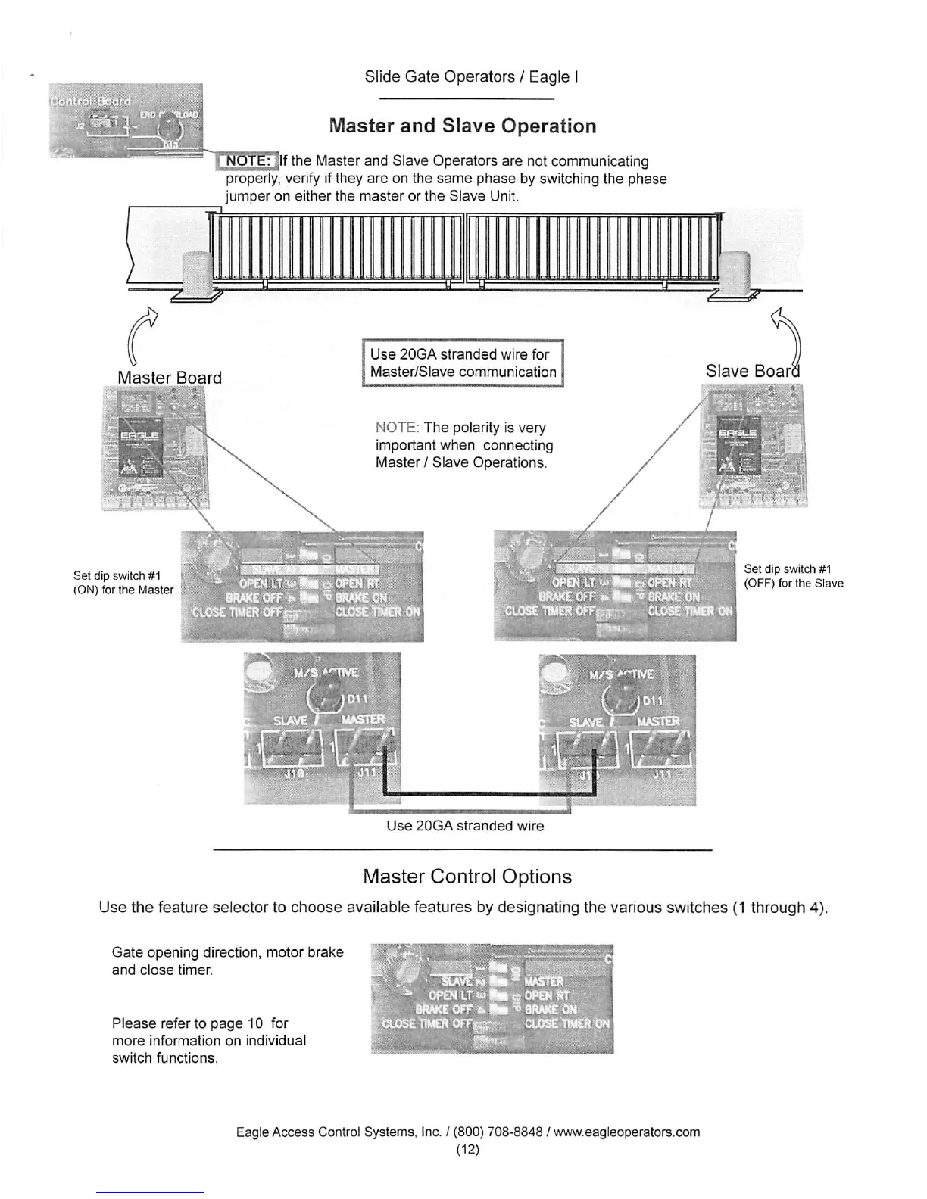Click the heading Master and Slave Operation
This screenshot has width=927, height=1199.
463,126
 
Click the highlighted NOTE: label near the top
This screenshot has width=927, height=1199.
248,160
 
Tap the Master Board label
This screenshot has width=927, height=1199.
170,378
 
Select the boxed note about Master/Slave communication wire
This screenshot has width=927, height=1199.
463,363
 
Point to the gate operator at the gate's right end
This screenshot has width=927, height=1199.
734,274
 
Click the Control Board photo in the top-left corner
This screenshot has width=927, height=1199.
126,120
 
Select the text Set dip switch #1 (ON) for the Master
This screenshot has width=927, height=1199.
123,583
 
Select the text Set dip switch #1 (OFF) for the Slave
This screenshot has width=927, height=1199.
793,576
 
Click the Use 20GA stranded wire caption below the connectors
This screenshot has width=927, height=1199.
465,826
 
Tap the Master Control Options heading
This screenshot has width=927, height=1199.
467,877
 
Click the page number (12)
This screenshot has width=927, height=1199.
467,1149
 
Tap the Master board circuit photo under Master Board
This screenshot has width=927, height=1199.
154,447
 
